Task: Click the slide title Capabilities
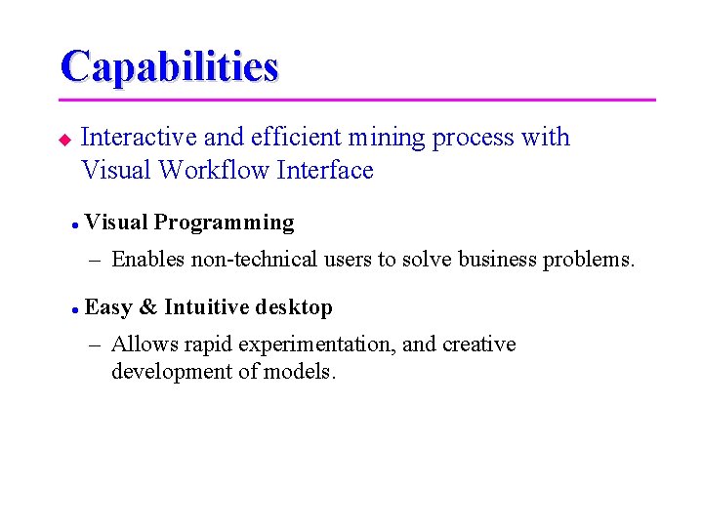click(x=169, y=66)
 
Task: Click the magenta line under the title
click(x=356, y=100)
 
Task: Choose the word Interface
click(x=325, y=170)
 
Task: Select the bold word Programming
click(x=224, y=223)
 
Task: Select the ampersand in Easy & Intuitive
click(x=148, y=307)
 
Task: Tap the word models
click(x=306, y=372)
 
